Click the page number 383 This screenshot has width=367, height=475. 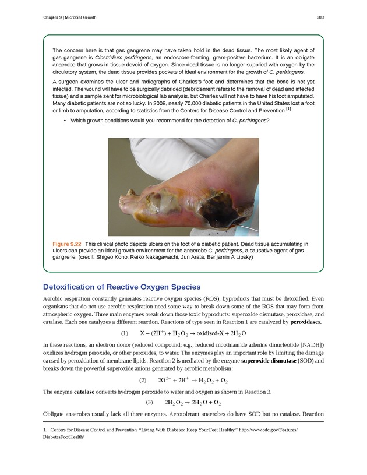pyautogui.click(x=320, y=17)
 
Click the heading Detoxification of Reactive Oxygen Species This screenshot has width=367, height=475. pyautogui.click(x=122, y=287)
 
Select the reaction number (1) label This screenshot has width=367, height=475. pyautogui.click(x=124, y=333)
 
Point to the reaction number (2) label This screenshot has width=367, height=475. pyautogui.click(x=142, y=380)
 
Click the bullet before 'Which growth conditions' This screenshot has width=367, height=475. pyautogui.click(x=63, y=121)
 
